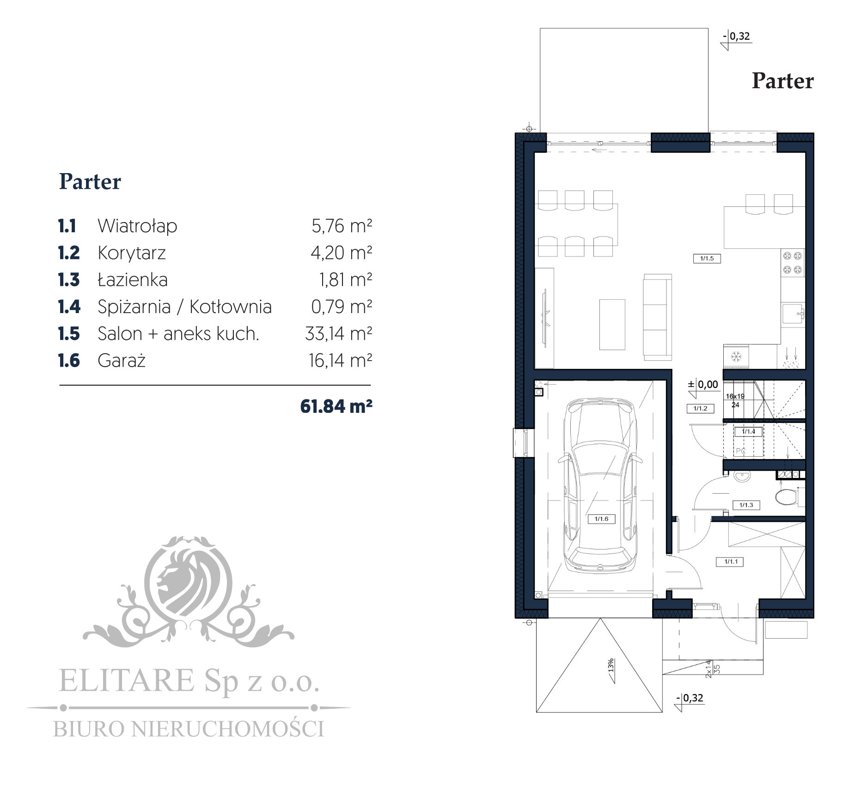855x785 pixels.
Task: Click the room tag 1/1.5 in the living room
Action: [x=707, y=259]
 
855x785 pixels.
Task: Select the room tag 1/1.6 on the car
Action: [x=601, y=519]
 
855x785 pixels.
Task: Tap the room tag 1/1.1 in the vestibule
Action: [x=731, y=562]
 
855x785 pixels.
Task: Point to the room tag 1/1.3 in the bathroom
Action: [x=746, y=505]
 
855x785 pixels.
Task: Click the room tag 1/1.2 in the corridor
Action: [x=700, y=408]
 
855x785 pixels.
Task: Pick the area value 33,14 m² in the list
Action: [x=339, y=333]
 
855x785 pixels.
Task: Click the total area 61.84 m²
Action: [x=336, y=406]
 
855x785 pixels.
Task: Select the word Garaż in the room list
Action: [x=122, y=361]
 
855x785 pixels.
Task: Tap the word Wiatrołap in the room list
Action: [x=137, y=226]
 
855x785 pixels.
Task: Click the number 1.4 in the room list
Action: [x=69, y=307]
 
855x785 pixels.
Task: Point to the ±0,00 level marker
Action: [x=703, y=385]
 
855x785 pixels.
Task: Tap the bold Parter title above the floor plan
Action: [x=782, y=81]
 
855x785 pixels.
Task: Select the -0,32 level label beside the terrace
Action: [x=737, y=36]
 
